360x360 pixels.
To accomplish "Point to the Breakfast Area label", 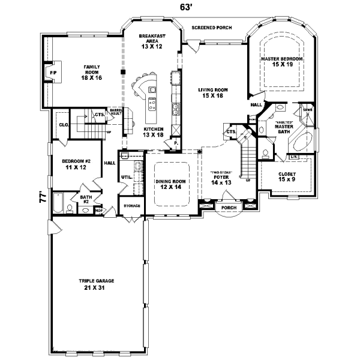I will (x=151, y=40).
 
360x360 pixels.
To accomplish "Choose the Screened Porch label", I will (x=211, y=28).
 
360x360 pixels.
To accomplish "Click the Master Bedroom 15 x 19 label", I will (x=281, y=62).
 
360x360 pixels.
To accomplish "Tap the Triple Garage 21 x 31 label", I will (x=96, y=283).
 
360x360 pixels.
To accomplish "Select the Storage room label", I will (x=132, y=206).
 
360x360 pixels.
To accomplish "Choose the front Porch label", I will (x=229, y=208).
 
